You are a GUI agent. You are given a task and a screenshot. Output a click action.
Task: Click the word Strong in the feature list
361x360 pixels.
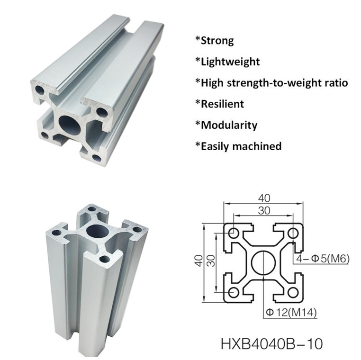tap(217, 40)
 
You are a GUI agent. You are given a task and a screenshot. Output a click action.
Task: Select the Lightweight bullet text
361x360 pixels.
tap(230, 62)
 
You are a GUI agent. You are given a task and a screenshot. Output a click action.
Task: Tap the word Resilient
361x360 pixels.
tap(222, 104)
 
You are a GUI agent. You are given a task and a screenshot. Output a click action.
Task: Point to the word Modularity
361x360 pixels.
tap(229, 125)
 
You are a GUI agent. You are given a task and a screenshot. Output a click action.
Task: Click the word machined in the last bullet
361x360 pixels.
tap(259, 146)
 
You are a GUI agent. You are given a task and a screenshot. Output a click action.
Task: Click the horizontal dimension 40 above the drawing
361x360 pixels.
tap(263, 198)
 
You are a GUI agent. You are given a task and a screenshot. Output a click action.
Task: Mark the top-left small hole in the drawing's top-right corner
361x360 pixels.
tap(293, 233)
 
